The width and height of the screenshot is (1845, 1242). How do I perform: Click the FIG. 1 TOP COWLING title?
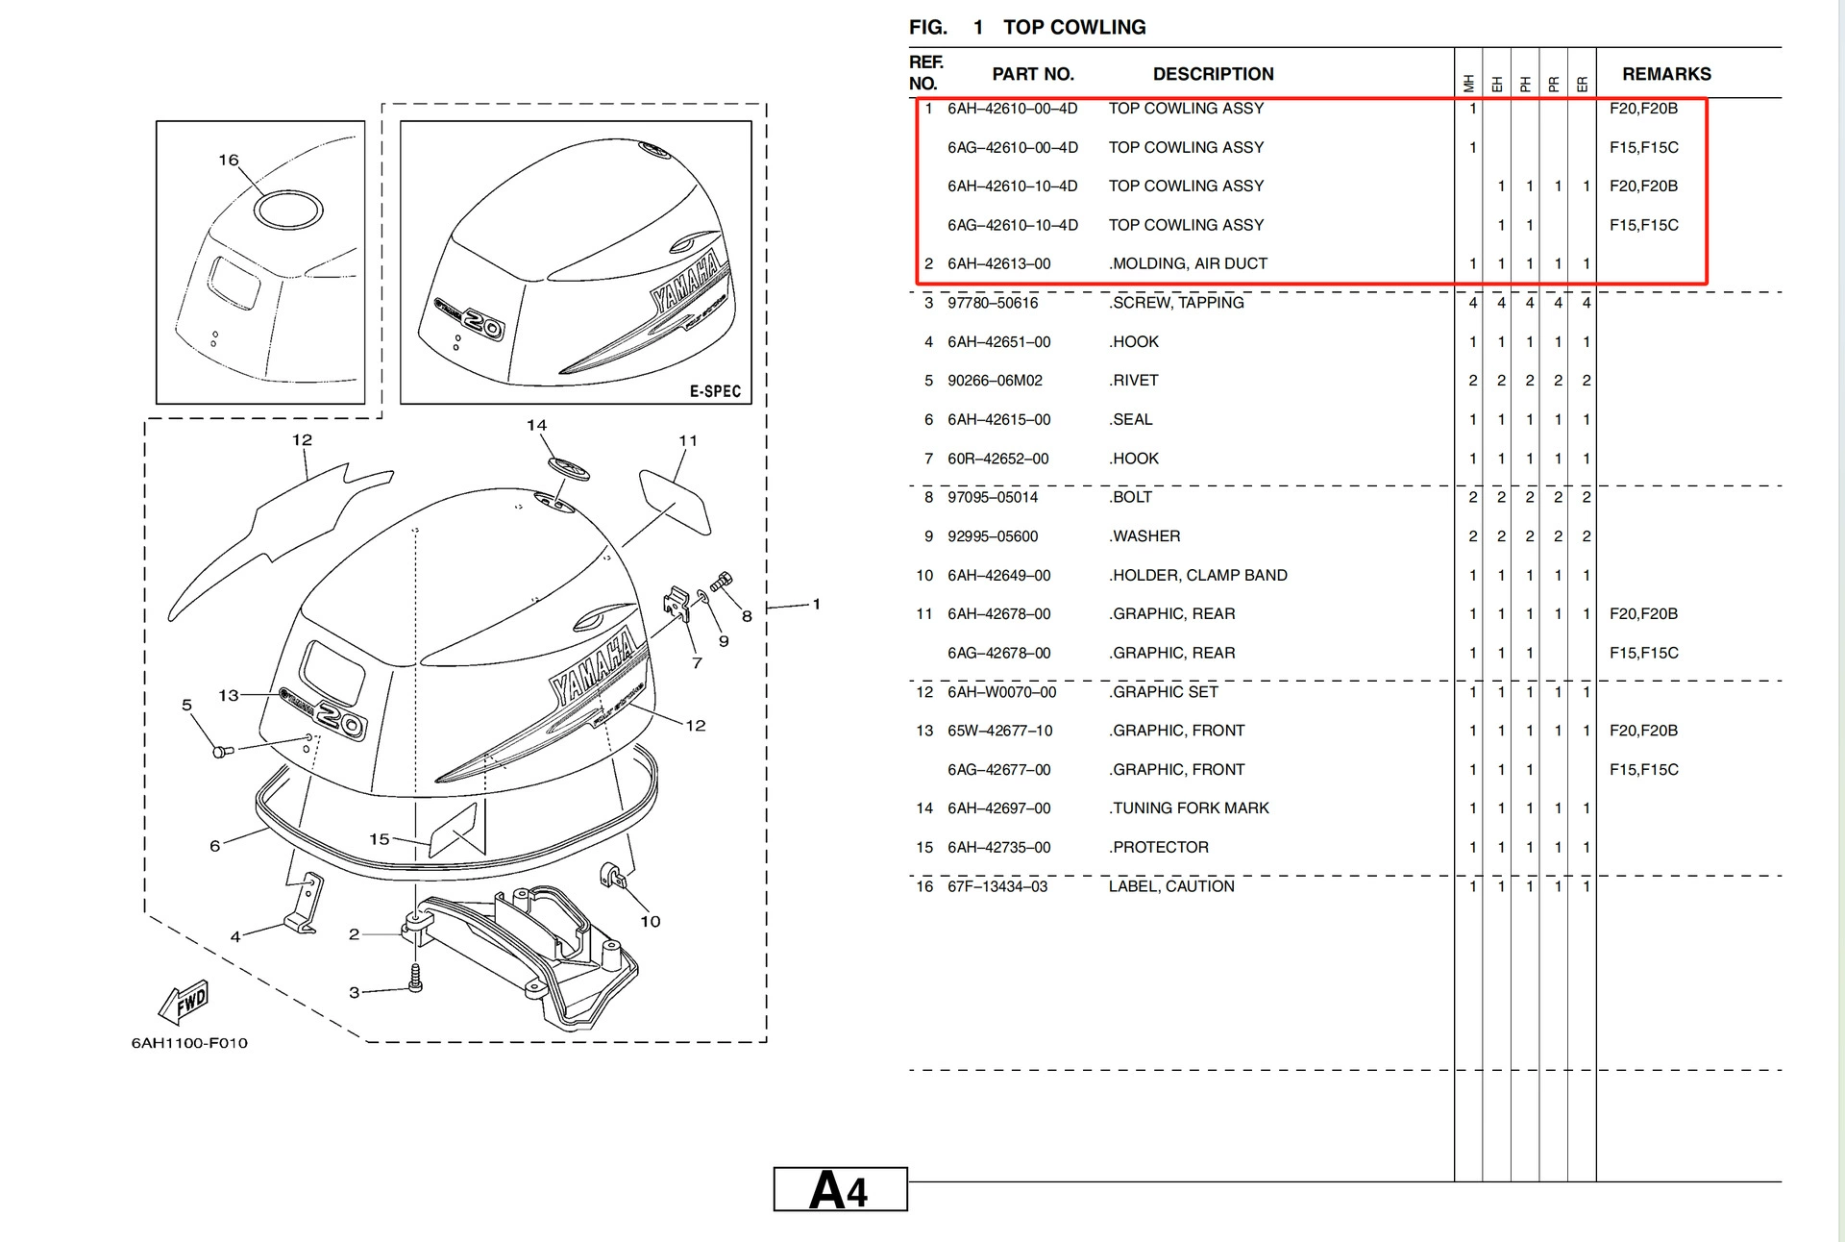pyautogui.click(x=1027, y=27)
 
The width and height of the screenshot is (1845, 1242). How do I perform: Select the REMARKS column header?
pyautogui.click(x=1665, y=74)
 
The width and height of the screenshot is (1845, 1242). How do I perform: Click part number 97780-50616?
pyautogui.click(x=993, y=303)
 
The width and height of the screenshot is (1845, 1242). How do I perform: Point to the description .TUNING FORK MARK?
pyautogui.click(x=1189, y=808)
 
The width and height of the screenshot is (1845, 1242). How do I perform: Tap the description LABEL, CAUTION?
pyautogui.click(x=1170, y=886)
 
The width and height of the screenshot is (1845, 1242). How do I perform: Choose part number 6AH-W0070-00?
pyautogui.click(x=1001, y=692)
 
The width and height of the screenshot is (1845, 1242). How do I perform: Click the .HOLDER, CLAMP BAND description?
pyautogui.click(x=1197, y=575)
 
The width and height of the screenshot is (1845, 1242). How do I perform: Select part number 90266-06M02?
pyautogui.click(x=995, y=381)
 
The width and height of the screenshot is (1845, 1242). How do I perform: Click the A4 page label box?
pyautogui.click(x=840, y=1190)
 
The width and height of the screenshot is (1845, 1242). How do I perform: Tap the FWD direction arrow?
pyautogui.click(x=184, y=1003)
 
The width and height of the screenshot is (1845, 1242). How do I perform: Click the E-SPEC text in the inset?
pyautogui.click(x=715, y=391)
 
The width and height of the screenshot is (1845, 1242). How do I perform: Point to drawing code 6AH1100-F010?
pyautogui.click(x=189, y=1043)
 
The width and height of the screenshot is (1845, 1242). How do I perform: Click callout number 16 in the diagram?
pyautogui.click(x=228, y=160)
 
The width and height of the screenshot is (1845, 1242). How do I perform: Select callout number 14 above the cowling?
pyautogui.click(x=536, y=425)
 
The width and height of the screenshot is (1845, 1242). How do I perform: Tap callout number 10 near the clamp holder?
pyautogui.click(x=650, y=921)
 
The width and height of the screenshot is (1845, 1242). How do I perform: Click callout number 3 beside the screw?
pyautogui.click(x=354, y=992)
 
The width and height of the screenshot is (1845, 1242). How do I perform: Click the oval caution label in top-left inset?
pyautogui.click(x=288, y=210)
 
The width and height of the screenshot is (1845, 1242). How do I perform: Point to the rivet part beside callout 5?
pyautogui.click(x=222, y=750)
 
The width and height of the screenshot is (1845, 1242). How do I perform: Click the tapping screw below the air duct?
pyautogui.click(x=415, y=978)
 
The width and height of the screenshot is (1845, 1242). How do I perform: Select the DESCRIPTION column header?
pyautogui.click(x=1213, y=74)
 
